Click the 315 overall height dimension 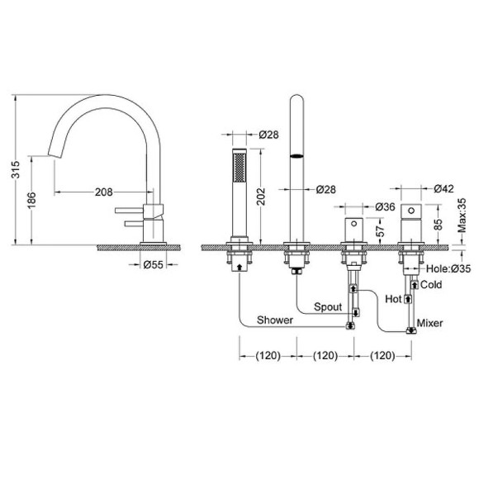click(x=15, y=169)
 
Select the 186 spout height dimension click(x=31, y=201)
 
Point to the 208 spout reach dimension click(x=103, y=192)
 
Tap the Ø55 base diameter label click(x=154, y=264)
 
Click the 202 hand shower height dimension click(x=261, y=197)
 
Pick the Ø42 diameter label click(x=443, y=188)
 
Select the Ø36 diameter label click(x=385, y=206)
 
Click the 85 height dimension click(x=438, y=225)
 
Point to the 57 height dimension click(x=381, y=231)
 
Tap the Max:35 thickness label click(x=462, y=216)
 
